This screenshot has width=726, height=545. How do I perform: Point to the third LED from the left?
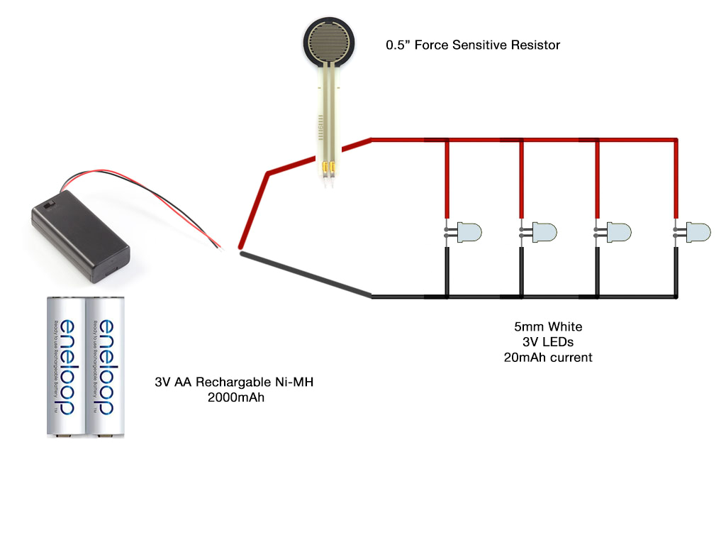(618, 231)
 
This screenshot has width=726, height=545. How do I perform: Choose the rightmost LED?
(698, 231)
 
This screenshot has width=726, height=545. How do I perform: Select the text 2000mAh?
(235, 397)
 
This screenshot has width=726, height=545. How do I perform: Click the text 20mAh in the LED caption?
(525, 357)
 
